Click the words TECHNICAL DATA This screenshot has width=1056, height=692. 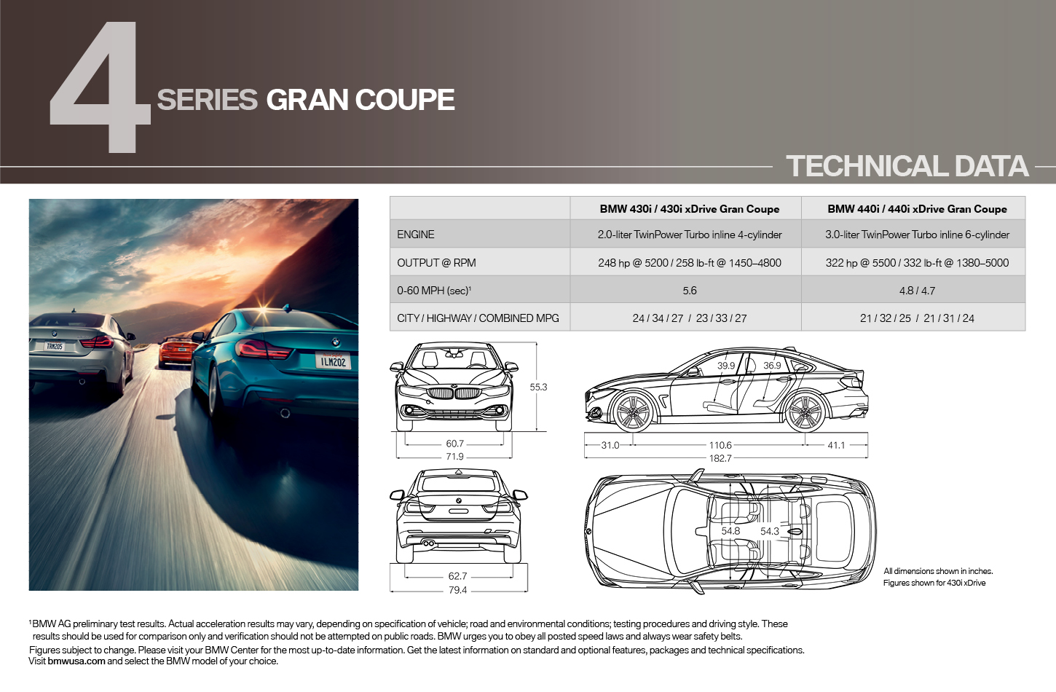907,166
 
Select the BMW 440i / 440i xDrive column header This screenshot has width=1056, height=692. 917,209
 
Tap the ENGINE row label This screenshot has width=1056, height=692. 415,235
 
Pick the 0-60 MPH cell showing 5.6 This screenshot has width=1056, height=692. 689,291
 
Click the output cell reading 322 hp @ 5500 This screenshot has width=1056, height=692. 917,262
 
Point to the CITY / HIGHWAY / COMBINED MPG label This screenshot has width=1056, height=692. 478,318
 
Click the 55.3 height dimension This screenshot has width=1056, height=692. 538,387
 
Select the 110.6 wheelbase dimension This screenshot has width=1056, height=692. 720,445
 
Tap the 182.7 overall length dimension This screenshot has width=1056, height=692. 720,458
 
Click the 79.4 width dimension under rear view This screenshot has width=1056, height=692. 457,590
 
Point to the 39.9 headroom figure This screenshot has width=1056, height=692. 726,366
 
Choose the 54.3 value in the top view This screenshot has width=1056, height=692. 769,531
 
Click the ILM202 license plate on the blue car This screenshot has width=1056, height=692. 333,361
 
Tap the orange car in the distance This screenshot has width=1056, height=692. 178,352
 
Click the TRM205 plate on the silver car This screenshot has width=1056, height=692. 54,347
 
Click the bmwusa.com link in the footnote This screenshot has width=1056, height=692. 76,661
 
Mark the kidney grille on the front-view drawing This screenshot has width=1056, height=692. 454,393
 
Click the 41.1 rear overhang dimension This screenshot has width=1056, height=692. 836,445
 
